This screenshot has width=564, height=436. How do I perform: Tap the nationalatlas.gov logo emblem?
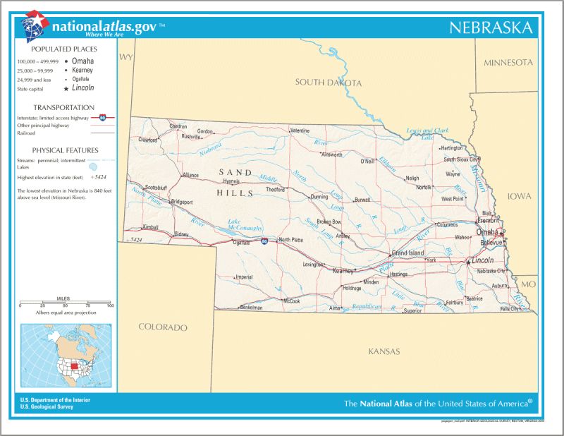pyautogui.click(x=34, y=27)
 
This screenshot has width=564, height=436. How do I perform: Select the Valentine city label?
pyautogui.click(x=300, y=131)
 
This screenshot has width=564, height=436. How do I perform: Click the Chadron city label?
pyautogui.click(x=178, y=127)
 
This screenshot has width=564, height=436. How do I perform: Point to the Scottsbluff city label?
pyautogui.click(x=155, y=188)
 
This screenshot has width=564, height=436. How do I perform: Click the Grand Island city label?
pyautogui.click(x=407, y=253)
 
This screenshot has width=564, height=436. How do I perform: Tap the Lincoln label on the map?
pyautogui.click(x=482, y=260)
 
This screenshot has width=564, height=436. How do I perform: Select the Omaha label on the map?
pyautogui.click(x=487, y=232)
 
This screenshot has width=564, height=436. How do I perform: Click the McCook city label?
pyautogui.click(x=291, y=301)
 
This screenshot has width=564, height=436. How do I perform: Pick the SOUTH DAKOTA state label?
pyautogui.click(x=328, y=83)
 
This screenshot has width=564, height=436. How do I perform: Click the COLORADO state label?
pyautogui.click(x=163, y=327)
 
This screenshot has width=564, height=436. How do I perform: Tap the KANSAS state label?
pyautogui.click(x=384, y=351)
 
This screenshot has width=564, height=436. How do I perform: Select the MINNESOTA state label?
pyautogui.click(x=508, y=63)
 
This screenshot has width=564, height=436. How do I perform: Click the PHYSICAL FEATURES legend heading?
pyautogui.click(x=65, y=150)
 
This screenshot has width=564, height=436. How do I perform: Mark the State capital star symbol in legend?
pyautogui.click(x=66, y=89)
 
